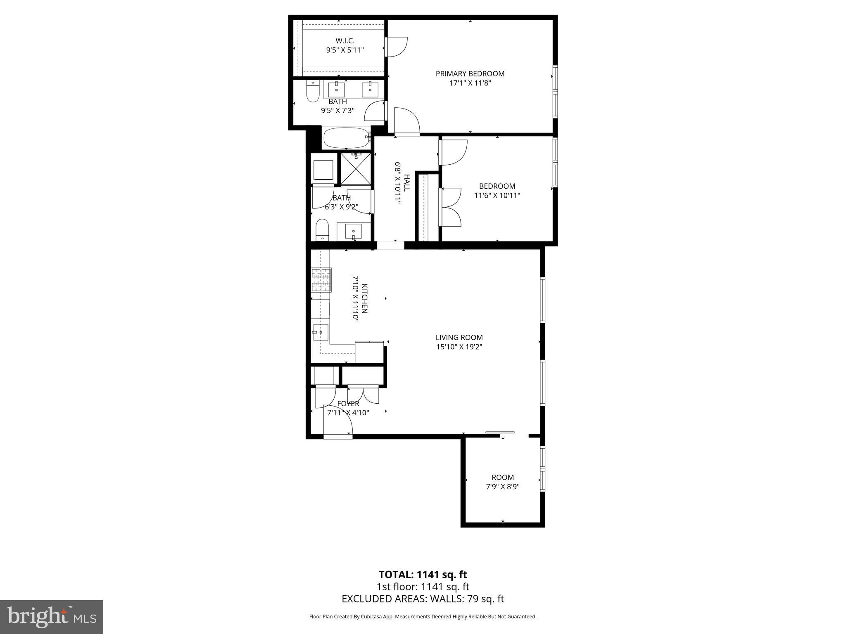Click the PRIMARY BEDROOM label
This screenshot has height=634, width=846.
click(x=470, y=74)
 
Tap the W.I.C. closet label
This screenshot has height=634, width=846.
click(x=345, y=41)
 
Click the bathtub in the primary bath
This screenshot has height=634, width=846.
click(x=346, y=138)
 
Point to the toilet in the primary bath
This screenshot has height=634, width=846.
click(x=313, y=92)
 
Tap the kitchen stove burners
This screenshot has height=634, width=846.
click(x=321, y=280)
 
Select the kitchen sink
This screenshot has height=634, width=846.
click(x=321, y=332)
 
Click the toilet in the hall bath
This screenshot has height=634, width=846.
click(x=322, y=230)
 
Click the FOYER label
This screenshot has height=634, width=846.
click(x=348, y=404)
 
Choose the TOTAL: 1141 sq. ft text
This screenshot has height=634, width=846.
click(x=423, y=575)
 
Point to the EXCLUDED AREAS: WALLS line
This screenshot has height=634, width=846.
click(x=423, y=599)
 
